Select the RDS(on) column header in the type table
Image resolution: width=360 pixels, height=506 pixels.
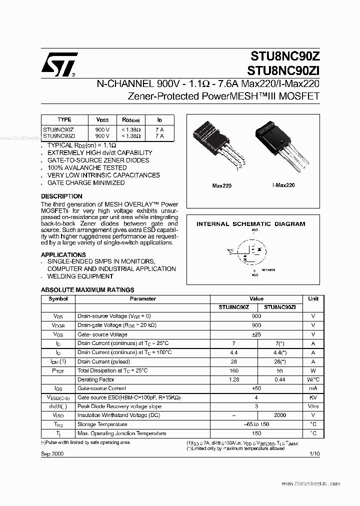point(131,120)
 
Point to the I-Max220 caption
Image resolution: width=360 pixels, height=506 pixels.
point(283,185)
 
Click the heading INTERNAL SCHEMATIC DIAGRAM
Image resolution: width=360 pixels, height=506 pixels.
point(250,224)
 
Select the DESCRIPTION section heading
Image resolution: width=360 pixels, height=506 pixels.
point(61,196)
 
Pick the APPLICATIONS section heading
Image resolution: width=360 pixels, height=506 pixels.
point(63,254)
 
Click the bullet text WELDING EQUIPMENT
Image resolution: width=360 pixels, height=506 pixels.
point(80,276)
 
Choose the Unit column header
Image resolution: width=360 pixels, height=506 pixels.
point(313,299)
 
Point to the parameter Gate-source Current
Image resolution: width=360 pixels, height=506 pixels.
point(101,388)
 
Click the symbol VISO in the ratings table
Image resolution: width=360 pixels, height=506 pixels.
point(58,415)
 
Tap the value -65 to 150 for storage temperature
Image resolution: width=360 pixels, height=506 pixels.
point(256,424)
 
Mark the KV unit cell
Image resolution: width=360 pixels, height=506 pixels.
point(313,397)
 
